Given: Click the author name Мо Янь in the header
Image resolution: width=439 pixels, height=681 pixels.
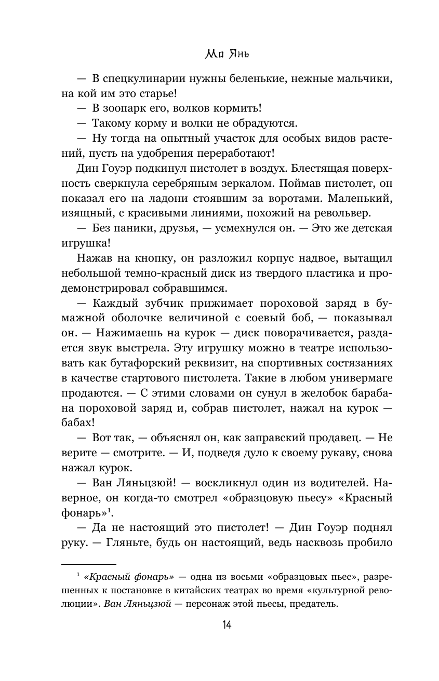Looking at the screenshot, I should point(219,53).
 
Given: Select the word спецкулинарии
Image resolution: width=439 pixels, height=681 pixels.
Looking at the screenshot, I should point(146,79).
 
